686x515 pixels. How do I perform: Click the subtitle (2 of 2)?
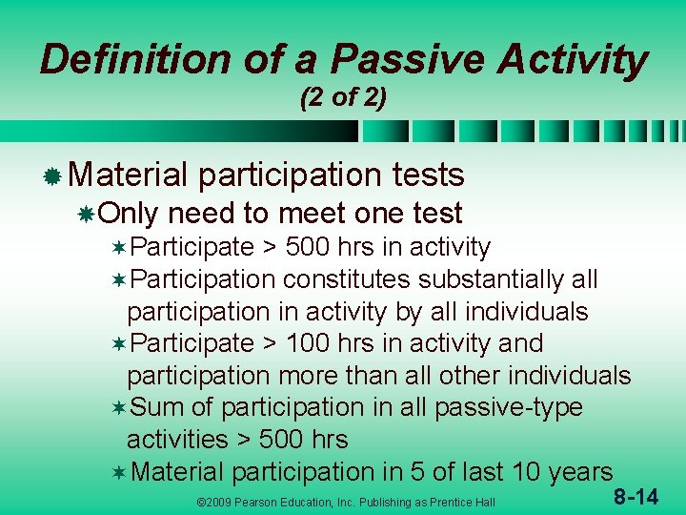(x=343, y=98)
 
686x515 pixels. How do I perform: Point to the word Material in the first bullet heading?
(x=129, y=175)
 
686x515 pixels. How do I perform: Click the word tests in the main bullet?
(x=428, y=175)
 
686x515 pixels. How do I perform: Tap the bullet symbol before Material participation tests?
(x=53, y=175)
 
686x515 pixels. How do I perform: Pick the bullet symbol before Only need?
(x=87, y=214)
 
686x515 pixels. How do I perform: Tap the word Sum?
(x=158, y=407)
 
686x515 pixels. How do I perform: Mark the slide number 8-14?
(x=634, y=496)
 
